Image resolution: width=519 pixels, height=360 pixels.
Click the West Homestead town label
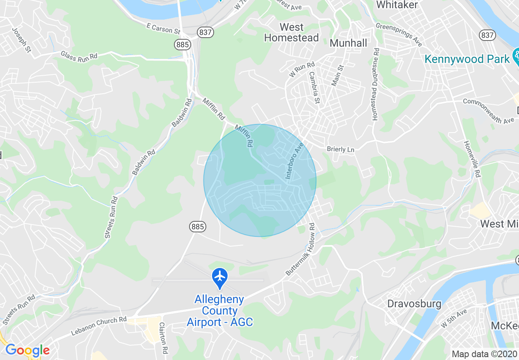tap(291, 33)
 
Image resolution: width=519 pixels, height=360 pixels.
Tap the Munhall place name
tap(348, 43)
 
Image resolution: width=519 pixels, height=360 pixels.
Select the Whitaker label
tap(397, 5)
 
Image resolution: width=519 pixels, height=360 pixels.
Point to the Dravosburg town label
tap(414, 304)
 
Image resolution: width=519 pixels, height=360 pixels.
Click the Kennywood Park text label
tap(467, 59)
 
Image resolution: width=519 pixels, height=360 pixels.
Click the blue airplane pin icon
tap(220, 277)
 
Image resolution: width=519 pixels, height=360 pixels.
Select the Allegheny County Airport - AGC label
tap(219, 311)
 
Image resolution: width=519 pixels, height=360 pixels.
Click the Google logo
tap(27, 351)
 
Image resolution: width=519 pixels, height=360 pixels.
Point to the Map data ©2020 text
tap(484, 354)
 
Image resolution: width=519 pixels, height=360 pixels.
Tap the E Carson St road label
tap(163, 28)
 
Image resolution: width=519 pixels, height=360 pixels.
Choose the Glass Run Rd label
tap(79, 55)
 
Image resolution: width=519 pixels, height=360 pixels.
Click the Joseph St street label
tap(22, 40)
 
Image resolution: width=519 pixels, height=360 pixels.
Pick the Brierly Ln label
tap(341, 149)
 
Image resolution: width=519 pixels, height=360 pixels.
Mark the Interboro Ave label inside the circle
tap(295, 161)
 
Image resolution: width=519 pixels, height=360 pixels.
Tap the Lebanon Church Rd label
tap(99, 326)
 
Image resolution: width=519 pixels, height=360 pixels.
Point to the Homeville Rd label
tap(472, 159)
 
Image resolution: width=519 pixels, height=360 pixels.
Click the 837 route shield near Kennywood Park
tap(487, 35)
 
